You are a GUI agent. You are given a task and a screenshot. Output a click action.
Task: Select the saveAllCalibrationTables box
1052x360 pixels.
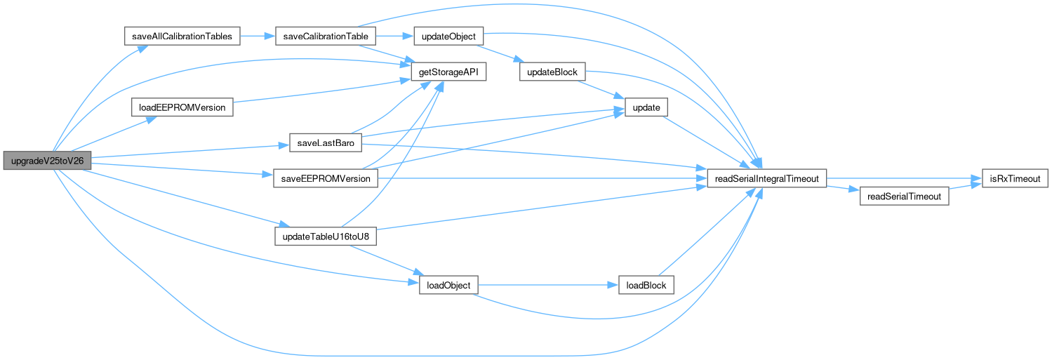(x=182, y=36)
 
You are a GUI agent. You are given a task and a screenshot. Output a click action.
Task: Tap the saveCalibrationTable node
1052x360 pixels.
(x=326, y=36)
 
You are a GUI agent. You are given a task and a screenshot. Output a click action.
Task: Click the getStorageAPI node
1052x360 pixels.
(x=448, y=72)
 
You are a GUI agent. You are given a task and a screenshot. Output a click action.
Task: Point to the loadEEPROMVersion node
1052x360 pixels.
(x=182, y=108)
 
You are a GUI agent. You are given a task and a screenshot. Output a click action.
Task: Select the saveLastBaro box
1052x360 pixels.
(x=325, y=144)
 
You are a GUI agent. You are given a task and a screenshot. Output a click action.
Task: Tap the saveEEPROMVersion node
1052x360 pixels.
(x=326, y=178)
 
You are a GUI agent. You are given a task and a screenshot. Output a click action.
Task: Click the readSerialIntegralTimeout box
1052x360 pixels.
(x=766, y=178)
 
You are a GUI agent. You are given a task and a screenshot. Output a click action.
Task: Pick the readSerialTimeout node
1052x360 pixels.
(x=904, y=196)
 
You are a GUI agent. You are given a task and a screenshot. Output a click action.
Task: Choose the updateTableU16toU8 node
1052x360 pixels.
(x=326, y=237)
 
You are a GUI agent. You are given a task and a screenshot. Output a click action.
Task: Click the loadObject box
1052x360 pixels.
(x=448, y=286)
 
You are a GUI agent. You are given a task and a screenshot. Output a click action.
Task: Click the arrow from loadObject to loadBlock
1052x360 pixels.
(x=547, y=286)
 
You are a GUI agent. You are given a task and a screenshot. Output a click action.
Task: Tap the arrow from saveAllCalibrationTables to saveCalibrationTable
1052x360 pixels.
(x=258, y=36)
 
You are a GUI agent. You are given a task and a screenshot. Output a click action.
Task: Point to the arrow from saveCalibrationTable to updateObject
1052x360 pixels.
(x=396, y=36)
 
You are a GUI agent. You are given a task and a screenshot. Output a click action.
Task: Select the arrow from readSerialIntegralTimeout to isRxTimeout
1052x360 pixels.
(x=898, y=178)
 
